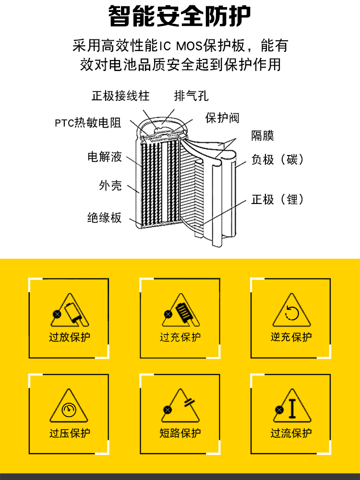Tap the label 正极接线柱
120,96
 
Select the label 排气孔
191,96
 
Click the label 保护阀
222,118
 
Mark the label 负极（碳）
278,159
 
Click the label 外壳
110,185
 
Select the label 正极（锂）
278,199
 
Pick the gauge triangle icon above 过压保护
70,410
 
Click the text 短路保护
180,433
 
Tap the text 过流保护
291,433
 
